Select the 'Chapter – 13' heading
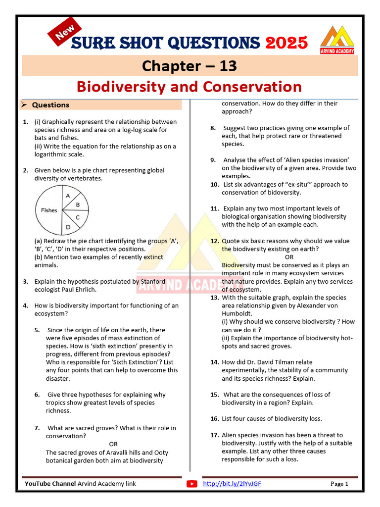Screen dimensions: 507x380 coord(190,66)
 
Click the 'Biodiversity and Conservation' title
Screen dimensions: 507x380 coord(189,87)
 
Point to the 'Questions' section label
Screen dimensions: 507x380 coord(50,105)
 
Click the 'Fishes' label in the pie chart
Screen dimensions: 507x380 coord(49,210)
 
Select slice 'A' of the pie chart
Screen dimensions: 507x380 coord(68,196)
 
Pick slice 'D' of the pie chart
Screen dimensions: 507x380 coord(68,227)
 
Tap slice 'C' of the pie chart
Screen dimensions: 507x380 coord(78,217)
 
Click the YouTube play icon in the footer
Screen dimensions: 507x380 coord(192,484)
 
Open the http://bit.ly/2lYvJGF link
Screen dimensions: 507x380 coord(232,484)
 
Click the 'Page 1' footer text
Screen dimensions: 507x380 coord(339,484)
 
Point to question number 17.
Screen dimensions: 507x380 coord(214,435)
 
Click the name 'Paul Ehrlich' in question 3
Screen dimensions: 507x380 coord(79,290)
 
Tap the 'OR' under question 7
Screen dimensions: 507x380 coord(113,444)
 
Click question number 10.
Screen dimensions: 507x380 coord(214,185)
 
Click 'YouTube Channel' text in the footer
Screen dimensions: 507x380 coord(50,484)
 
